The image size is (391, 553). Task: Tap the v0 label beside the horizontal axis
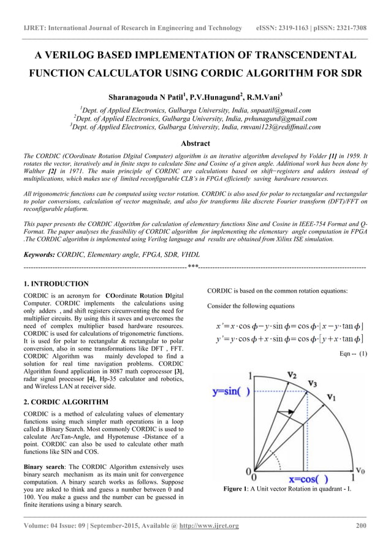click(362, 470)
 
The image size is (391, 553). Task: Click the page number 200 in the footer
click(361, 526)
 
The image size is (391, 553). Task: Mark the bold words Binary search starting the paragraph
click(44, 467)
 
